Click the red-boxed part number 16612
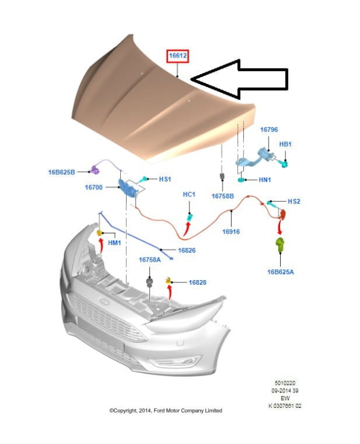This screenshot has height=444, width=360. tap(178, 57)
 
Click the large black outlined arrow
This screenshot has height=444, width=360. tap(243, 79)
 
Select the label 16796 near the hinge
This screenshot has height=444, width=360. tap(269, 130)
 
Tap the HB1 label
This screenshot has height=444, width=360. tap(285, 144)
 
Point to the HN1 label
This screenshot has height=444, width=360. tap(263, 180)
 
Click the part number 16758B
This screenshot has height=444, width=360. tap(223, 195)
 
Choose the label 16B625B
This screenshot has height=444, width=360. tap(62, 172)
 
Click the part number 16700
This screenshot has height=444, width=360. tap(94, 188)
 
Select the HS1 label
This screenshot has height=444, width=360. tap(165, 179)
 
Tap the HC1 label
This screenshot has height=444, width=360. tap(189, 194)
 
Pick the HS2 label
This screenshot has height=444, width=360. tap(294, 201)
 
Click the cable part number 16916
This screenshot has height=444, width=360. tap(231, 232)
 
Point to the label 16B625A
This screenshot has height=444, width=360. tap(281, 272)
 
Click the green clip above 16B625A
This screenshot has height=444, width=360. tap(280, 244)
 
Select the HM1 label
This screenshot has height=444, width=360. tap(114, 242)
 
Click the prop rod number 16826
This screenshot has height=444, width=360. tap(187, 250)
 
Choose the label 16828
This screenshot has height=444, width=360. tap(198, 282)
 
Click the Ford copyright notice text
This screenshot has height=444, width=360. tap(166, 410)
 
